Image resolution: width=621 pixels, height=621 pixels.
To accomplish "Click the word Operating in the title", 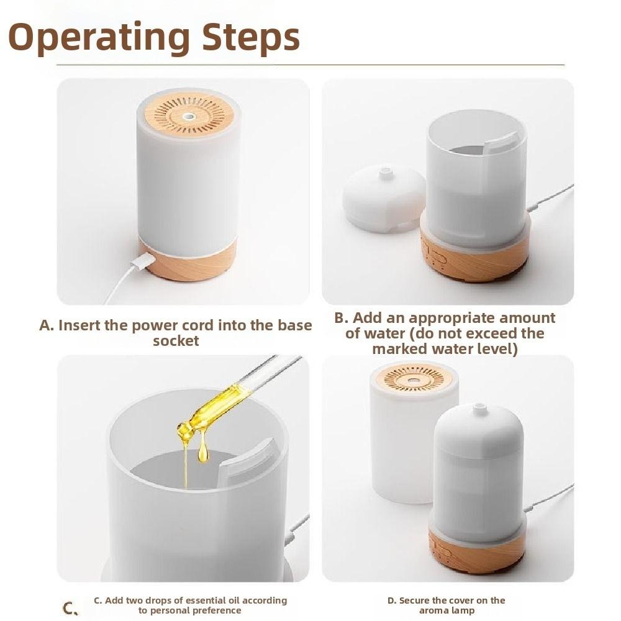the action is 99,38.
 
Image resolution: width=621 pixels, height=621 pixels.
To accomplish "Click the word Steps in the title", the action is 251,37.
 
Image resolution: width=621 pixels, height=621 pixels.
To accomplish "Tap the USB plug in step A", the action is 143,261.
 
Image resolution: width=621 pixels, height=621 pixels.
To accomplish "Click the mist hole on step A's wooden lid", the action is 189,117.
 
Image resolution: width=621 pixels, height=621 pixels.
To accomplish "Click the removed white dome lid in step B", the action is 383,199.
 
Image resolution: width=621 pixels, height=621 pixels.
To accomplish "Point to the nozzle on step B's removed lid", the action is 384,171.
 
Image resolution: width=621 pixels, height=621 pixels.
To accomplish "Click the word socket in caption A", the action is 176,341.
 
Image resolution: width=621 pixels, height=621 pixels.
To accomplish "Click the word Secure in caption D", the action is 414,601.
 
